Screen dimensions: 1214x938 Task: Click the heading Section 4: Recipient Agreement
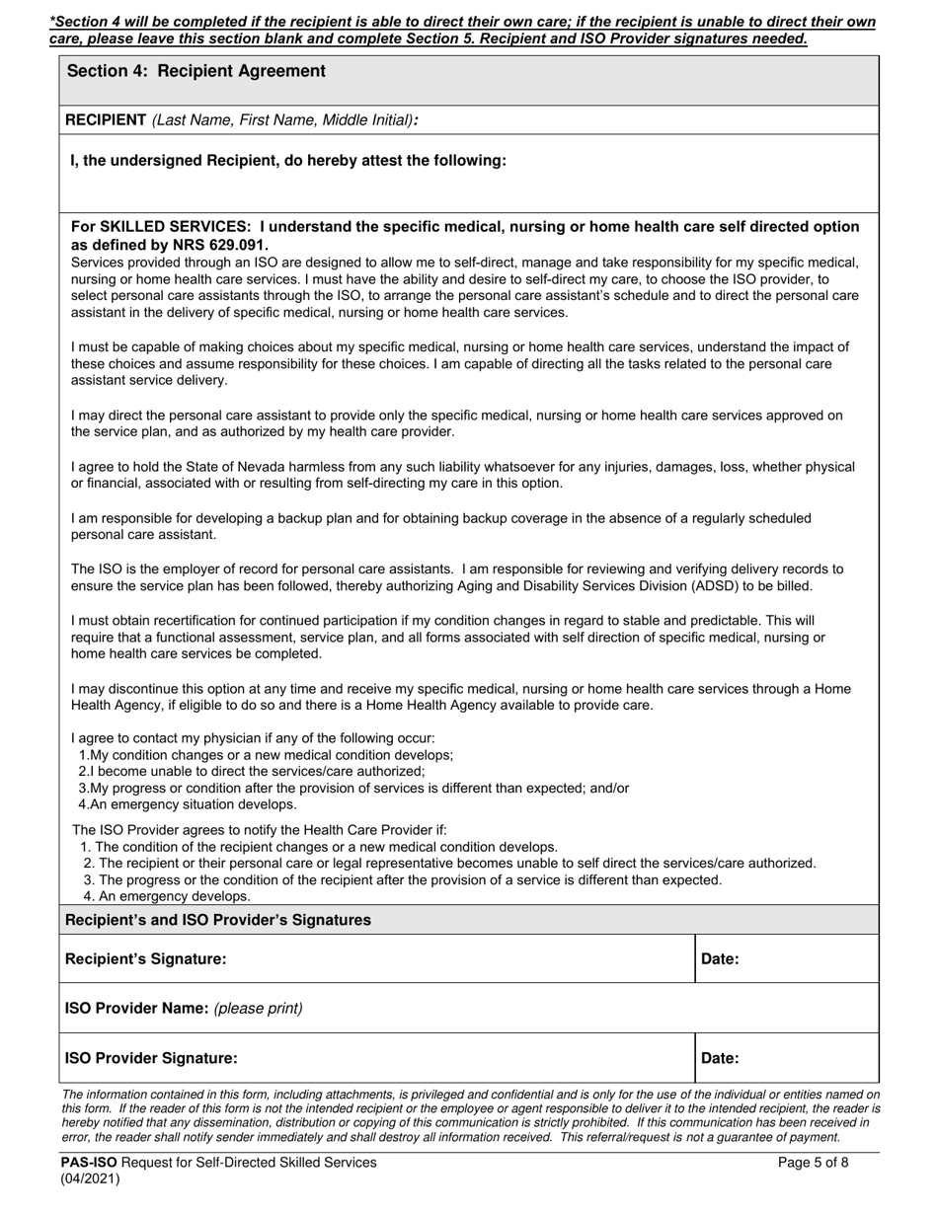(x=195, y=71)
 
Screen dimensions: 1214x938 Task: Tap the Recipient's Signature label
(x=145, y=958)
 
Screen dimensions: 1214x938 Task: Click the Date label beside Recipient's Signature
(x=720, y=958)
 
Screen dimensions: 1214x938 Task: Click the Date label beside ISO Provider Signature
(x=720, y=1058)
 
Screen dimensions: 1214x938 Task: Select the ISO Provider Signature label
(x=151, y=1058)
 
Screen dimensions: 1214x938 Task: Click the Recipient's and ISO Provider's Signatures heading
(x=217, y=920)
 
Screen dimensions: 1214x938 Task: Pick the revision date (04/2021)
(x=90, y=1178)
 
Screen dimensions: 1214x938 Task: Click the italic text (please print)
(x=258, y=1008)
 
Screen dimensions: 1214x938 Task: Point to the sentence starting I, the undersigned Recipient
(x=288, y=160)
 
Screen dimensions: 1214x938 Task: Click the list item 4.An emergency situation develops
(x=187, y=804)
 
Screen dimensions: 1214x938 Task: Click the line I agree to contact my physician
(x=253, y=738)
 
